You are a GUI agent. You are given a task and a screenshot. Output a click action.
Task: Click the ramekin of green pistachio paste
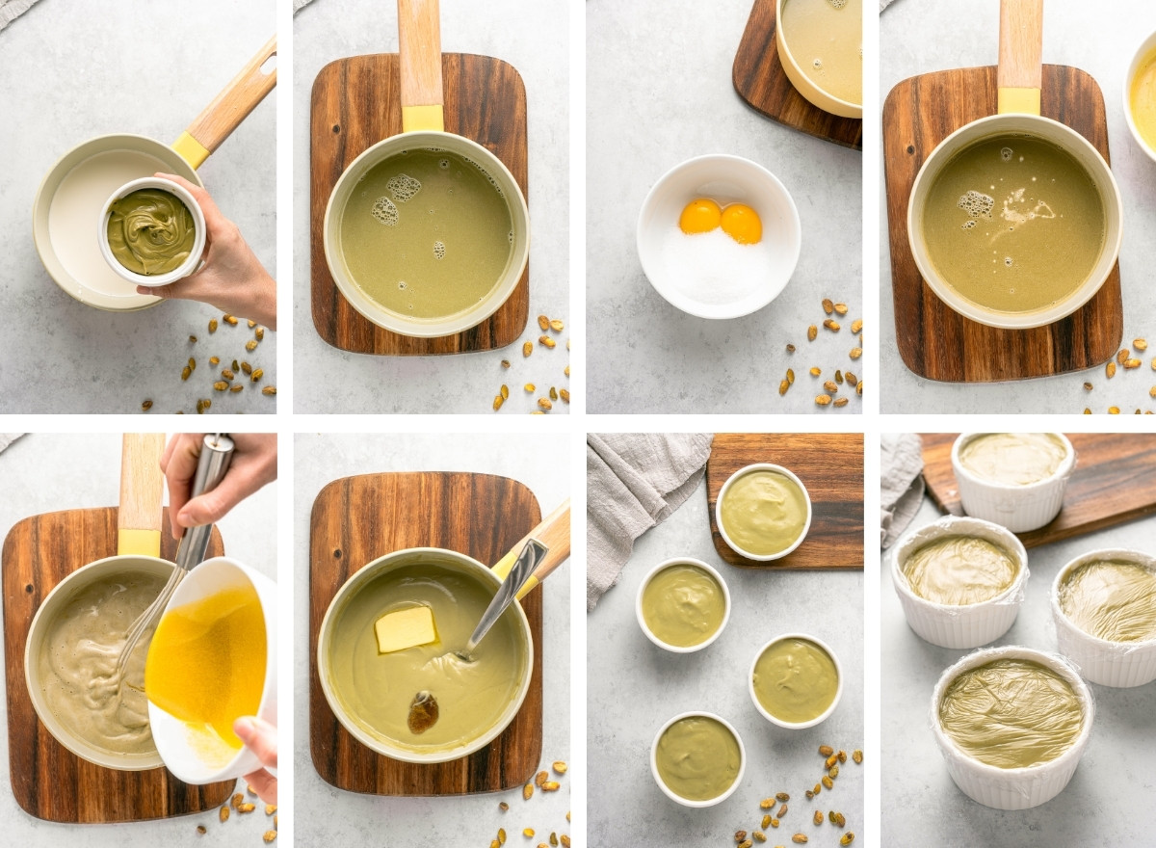pyautogui.click(x=151, y=231)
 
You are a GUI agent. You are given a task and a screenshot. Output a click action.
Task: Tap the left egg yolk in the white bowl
pyautogui.click(x=699, y=217)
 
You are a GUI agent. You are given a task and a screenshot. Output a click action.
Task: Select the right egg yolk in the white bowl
pyautogui.click(x=741, y=224)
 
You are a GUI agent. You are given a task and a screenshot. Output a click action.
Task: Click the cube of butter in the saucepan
pyautogui.click(x=405, y=629)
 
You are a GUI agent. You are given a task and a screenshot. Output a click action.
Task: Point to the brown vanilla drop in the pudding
pyautogui.click(x=422, y=712)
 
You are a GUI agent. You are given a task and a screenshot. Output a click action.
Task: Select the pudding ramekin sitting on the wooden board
pyautogui.click(x=763, y=512)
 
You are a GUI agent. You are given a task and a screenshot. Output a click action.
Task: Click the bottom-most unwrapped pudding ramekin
pyautogui.click(x=697, y=758)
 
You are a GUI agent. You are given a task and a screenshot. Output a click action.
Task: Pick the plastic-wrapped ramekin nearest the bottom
pyautogui.click(x=1011, y=725)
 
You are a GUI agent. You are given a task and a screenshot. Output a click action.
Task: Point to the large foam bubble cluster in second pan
pyautogui.click(x=404, y=187)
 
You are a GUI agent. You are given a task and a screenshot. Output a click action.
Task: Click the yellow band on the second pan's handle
pyautogui.click(x=422, y=118)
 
